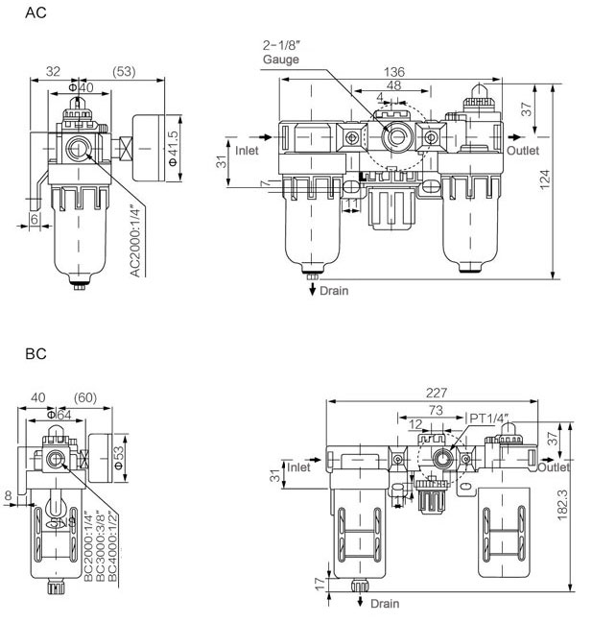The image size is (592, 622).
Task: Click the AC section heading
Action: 35,13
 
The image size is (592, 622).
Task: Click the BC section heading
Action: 36,354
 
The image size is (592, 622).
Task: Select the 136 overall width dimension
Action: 393,72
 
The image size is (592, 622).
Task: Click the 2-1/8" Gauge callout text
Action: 283,52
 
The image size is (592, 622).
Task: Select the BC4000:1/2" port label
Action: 112,543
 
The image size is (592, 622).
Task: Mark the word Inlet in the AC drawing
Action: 248,151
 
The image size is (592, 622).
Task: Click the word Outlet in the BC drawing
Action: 554,467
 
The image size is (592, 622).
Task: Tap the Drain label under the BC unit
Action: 384,604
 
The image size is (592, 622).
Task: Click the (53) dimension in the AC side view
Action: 124,71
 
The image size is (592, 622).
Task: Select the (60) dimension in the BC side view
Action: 85,397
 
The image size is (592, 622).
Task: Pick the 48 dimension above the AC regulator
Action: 393,84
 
